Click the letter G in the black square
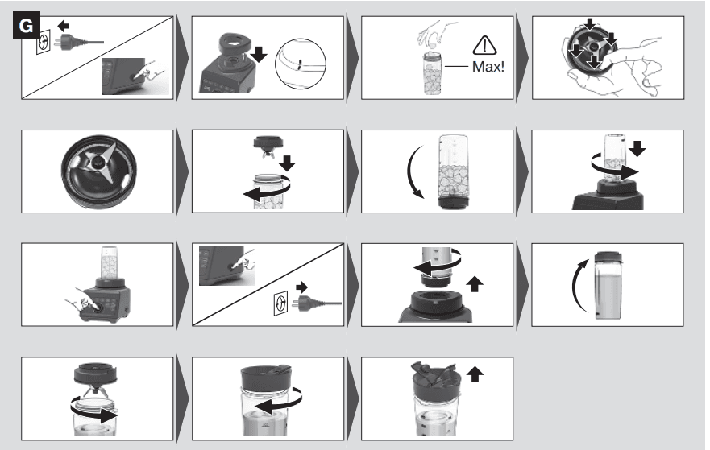click(27, 26)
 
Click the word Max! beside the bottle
click(488, 67)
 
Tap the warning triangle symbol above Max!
click(484, 45)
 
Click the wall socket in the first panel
click(44, 42)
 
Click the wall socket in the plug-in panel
click(280, 303)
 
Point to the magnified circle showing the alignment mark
click(301, 64)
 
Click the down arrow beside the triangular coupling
click(259, 54)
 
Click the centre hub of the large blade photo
click(97, 162)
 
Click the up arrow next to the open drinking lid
click(475, 374)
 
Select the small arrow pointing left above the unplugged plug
click(64, 26)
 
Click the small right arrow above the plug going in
click(301, 287)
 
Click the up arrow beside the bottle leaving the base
click(475, 284)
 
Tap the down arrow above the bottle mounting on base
click(637, 148)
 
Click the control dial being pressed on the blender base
click(97, 308)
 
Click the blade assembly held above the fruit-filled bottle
click(268, 146)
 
